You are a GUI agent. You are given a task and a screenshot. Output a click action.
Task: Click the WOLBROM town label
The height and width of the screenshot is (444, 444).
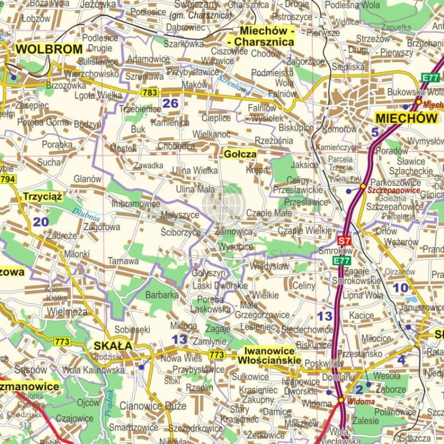click(x=49, y=49)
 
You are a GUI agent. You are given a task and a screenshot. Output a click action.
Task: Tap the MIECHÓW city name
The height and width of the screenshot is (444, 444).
click(x=406, y=118)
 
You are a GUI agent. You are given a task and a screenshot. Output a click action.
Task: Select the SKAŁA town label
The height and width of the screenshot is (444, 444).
click(x=113, y=346)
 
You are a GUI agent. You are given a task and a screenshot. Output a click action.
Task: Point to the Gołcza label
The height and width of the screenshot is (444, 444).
click(x=240, y=154)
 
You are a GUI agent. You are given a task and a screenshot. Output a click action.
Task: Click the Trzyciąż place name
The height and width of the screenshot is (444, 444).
click(x=43, y=197)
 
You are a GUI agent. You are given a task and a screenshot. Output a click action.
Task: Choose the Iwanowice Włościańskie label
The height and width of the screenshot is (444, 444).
click(x=269, y=355)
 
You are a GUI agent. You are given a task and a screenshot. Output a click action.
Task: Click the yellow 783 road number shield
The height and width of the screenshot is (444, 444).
click(x=150, y=92)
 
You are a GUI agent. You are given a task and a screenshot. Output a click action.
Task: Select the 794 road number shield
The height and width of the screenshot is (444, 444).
click(x=8, y=179)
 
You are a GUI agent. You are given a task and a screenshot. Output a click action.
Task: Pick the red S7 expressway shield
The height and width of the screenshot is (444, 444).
click(x=344, y=240)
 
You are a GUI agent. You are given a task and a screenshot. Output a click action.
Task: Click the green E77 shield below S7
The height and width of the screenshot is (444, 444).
click(x=342, y=260)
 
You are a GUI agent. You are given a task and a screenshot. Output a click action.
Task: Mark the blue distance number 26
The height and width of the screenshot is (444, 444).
click(x=170, y=104)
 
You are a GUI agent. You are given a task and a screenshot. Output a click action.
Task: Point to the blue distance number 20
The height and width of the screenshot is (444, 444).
click(x=41, y=222)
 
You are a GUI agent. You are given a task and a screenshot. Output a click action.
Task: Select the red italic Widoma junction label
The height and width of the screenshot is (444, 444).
click(x=361, y=402)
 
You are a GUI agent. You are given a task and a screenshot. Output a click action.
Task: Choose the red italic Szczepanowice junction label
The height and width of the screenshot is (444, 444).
click(x=394, y=191)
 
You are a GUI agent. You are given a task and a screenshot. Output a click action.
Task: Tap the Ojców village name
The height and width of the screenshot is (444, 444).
click(x=88, y=403)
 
